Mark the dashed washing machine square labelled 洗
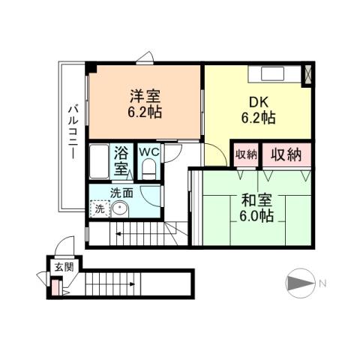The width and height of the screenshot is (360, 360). (x=100, y=210)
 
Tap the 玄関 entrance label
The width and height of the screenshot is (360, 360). (x=59, y=267)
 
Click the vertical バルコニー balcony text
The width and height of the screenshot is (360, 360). (x=73, y=132)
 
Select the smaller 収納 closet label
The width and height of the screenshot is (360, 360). (x=246, y=155)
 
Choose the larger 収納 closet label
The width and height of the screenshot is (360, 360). (x=286, y=155)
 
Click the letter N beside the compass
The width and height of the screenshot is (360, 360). (x=322, y=283)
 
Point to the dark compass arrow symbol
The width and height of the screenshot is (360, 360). (x=298, y=283)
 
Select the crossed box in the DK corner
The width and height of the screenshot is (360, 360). (x=308, y=74)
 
